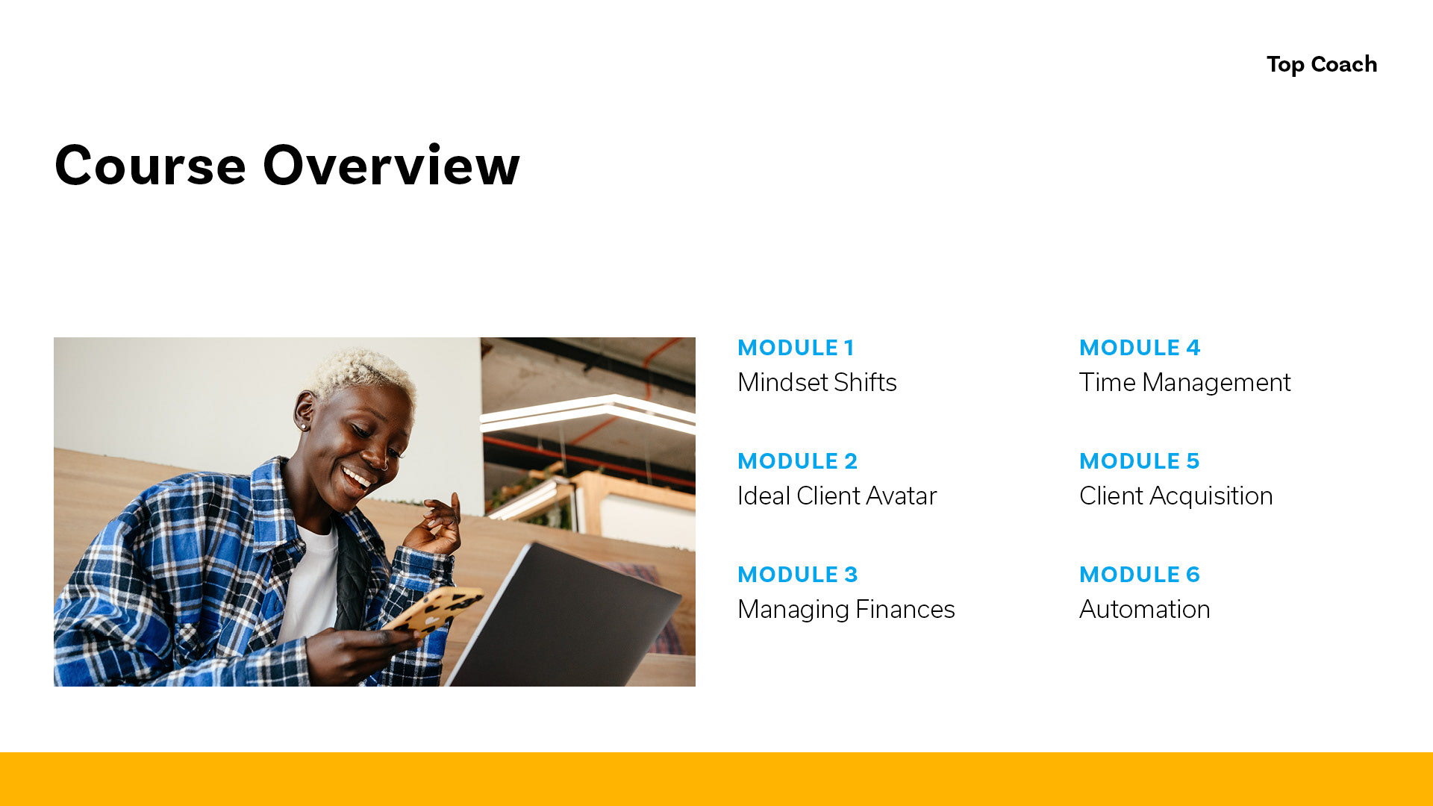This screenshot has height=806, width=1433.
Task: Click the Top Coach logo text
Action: coord(1322,64)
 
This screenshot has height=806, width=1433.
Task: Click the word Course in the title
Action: coord(150,165)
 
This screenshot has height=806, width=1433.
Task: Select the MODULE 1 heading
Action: coord(796,348)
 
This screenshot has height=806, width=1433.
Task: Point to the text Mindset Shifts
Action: coord(817,382)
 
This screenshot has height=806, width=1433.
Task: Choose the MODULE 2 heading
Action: coord(797,461)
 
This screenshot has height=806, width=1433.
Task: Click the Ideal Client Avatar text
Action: coord(837,496)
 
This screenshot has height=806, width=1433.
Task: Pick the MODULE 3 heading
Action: coord(797,575)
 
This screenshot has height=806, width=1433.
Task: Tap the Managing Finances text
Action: coord(846,610)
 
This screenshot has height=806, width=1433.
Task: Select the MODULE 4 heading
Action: coord(1139,348)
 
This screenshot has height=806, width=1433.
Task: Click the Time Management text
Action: coord(1184,383)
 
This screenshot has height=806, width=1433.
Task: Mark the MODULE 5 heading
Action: coord(1139,461)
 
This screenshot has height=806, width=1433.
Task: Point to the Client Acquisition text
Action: coord(1176,496)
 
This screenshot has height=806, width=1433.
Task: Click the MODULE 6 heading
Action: coord(1139,575)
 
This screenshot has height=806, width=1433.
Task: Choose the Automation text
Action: coord(1144,609)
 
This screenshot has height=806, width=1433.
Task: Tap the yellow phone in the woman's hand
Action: coord(436,610)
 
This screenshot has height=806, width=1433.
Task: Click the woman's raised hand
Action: coord(432,525)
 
